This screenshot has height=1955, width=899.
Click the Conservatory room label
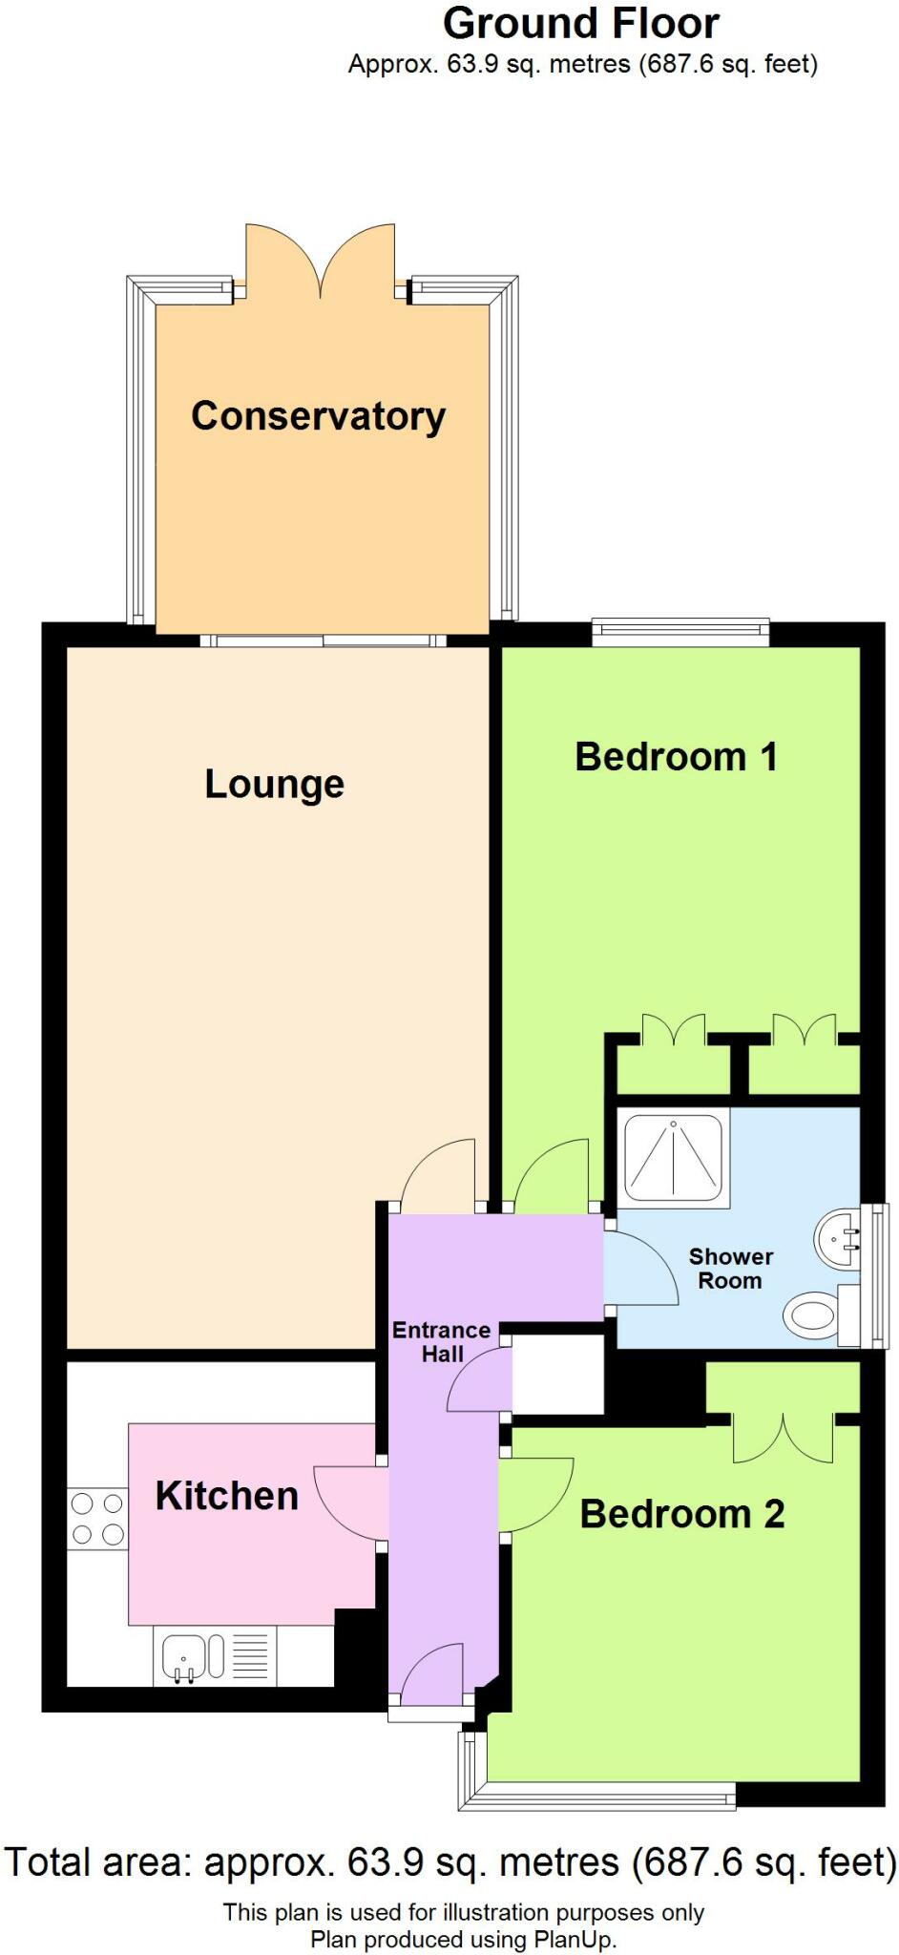click(318, 416)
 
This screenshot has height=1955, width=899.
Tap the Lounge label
click(274, 784)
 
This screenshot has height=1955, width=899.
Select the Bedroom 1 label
click(676, 757)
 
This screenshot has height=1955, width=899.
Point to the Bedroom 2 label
click(681, 1514)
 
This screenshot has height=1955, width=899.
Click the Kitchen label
click(227, 1496)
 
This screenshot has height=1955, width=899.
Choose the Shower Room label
click(730, 1269)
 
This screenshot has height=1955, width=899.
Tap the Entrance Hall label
click(441, 1341)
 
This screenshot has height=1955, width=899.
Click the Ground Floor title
click(581, 24)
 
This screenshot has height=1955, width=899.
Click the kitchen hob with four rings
click(97, 1519)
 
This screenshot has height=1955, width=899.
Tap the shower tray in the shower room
click(674, 1157)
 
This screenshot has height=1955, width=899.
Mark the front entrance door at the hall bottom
click(432, 1675)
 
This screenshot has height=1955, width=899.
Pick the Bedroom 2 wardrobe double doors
click(783, 1437)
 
